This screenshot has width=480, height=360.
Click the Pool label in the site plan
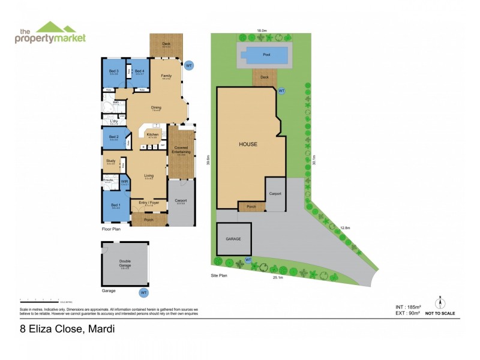(266, 54)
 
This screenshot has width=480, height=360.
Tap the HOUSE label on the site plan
(248, 144)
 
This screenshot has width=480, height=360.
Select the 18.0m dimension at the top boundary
(262, 30)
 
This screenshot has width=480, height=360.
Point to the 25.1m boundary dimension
(277, 277)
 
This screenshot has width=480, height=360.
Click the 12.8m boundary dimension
(344, 228)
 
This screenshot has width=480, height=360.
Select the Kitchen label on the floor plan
(152, 135)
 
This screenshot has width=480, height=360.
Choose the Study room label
(111, 161)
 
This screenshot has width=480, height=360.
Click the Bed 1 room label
(115, 206)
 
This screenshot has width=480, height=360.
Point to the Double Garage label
(125, 262)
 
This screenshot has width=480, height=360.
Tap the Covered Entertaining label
(181, 151)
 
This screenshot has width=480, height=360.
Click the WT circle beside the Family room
(188, 65)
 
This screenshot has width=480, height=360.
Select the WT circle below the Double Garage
(143, 293)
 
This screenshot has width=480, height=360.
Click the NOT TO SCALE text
(440, 313)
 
